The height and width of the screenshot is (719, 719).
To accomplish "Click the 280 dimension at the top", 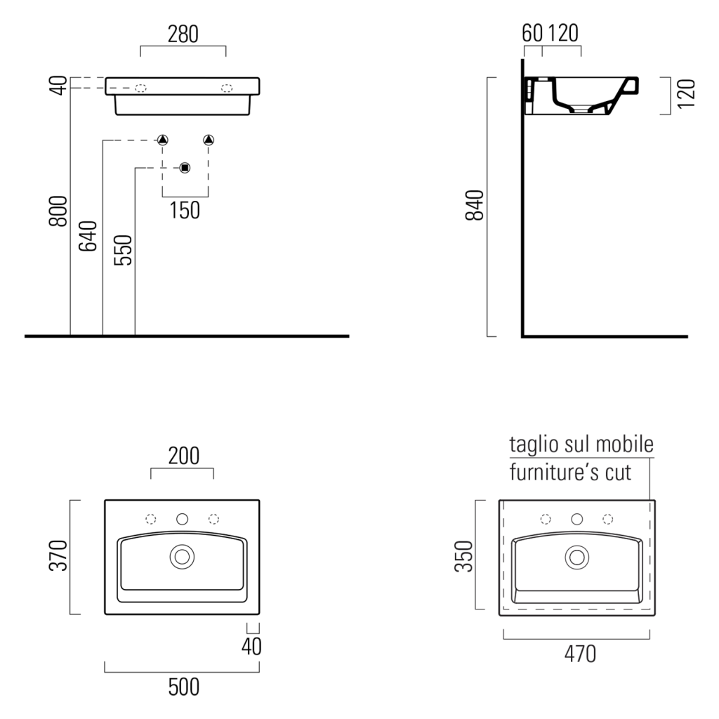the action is coord(183,34).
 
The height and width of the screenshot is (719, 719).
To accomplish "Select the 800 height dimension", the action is coord(58,211).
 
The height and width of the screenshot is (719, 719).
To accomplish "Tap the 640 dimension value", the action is coord(88,236).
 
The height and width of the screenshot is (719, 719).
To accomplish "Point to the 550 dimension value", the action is coord(123,250).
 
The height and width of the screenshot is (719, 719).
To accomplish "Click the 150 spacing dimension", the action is coord(185,211).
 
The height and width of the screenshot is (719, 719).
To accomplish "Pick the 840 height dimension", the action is coord(475,205).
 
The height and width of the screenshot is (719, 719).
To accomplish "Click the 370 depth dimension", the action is coord(58,555).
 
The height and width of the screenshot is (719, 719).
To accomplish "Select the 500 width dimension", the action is coord(184,687).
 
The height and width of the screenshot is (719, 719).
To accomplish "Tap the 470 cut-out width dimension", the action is coord(580,654).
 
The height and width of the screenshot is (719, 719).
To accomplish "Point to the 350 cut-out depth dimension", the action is coord(463,556).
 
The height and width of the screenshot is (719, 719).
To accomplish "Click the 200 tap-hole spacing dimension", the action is coord(184,456).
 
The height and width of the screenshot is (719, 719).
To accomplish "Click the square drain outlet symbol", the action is coord(185,168).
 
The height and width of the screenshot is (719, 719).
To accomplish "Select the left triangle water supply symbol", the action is coord(163,140).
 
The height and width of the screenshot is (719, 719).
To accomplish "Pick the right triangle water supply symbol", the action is coord(209,140).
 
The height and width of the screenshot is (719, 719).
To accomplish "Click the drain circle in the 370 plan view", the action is coord(182,557).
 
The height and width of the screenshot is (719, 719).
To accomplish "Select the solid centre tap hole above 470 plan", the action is coord(577,519).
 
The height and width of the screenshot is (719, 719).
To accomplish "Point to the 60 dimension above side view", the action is coord(532,33).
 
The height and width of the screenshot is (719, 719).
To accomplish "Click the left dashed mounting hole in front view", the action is coord(140,88).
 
